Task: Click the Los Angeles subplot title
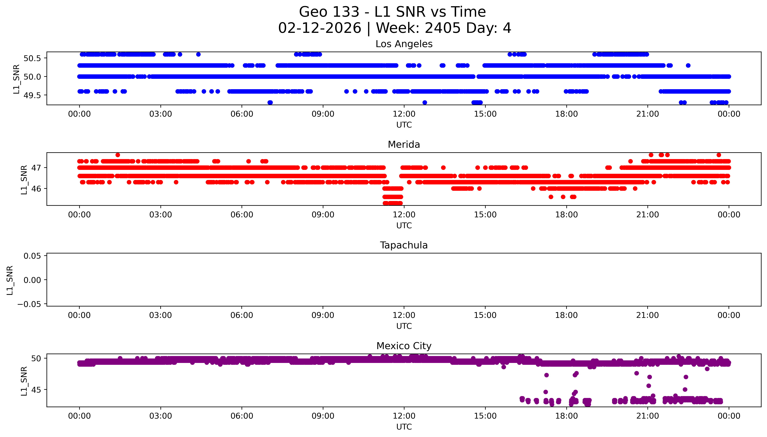click(x=404, y=44)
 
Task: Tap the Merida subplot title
click(x=404, y=145)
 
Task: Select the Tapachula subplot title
click(x=404, y=245)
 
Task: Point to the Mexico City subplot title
click(x=404, y=346)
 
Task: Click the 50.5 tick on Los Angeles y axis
click(x=32, y=58)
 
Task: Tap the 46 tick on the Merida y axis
click(x=36, y=189)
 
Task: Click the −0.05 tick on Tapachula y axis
click(x=29, y=304)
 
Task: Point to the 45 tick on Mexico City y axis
click(x=36, y=390)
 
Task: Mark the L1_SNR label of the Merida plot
click(x=24, y=180)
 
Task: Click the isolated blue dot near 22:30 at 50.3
click(x=688, y=65)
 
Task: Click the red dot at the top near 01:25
click(x=118, y=155)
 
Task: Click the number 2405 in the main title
click(x=442, y=28)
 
